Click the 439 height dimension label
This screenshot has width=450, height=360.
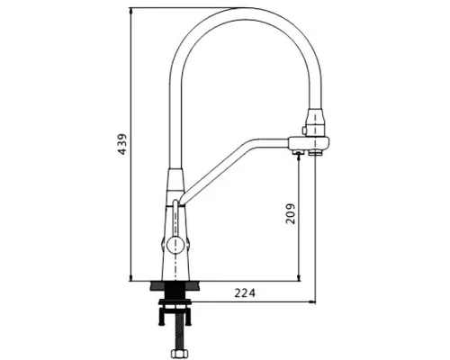coord(122,144)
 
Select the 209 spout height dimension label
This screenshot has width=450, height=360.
coord(291,214)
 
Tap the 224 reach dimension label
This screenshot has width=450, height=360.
coord(245,292)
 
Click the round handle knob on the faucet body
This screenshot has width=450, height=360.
coord(175,245)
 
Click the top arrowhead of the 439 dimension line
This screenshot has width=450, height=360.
coord(130,11)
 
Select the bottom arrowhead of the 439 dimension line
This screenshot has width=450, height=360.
coord(130,278)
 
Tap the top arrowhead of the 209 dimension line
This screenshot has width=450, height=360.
coord(299,157)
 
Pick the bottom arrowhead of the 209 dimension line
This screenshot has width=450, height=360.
coord(299,278)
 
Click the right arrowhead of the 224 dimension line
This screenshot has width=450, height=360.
coord(312,301)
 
